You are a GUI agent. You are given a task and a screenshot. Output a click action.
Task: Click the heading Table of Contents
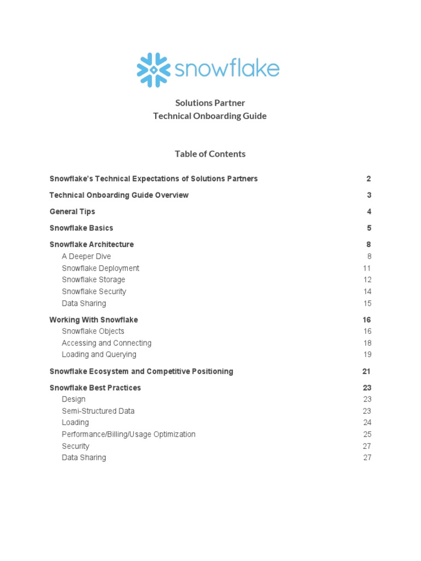(210, 154)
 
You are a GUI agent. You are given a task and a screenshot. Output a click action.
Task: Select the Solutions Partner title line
(210, 103)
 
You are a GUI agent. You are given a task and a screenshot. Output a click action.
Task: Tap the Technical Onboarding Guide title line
(210, 116)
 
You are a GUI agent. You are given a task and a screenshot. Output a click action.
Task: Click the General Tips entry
(72, 211)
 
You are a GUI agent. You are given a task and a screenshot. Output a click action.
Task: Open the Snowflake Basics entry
(81, 228)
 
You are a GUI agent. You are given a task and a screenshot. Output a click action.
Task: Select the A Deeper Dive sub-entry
(86, 256)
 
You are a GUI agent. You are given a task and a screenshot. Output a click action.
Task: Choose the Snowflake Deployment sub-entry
(100, 268)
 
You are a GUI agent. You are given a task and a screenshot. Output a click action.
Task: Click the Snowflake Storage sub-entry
(93, 280)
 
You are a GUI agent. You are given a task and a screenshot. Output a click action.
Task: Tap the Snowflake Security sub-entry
(94, 291)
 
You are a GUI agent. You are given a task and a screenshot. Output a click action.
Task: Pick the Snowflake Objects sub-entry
(93, 331)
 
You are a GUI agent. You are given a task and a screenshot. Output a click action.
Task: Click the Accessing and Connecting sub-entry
(106, 343)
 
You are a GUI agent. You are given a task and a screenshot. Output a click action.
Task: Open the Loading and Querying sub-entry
(99, 354)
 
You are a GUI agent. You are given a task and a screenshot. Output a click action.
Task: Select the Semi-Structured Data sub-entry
(98, 411)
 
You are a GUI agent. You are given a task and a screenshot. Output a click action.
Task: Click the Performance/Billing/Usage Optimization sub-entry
(128, 434)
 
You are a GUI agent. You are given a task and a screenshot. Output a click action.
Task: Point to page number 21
(367, 371)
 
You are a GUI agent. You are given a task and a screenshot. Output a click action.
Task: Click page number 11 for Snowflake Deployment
(367, 268)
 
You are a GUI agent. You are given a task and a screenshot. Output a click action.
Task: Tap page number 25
(367, 434)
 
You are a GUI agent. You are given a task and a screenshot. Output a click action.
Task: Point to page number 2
(369, 179)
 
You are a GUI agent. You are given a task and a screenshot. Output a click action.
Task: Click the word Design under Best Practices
(73, 399)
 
